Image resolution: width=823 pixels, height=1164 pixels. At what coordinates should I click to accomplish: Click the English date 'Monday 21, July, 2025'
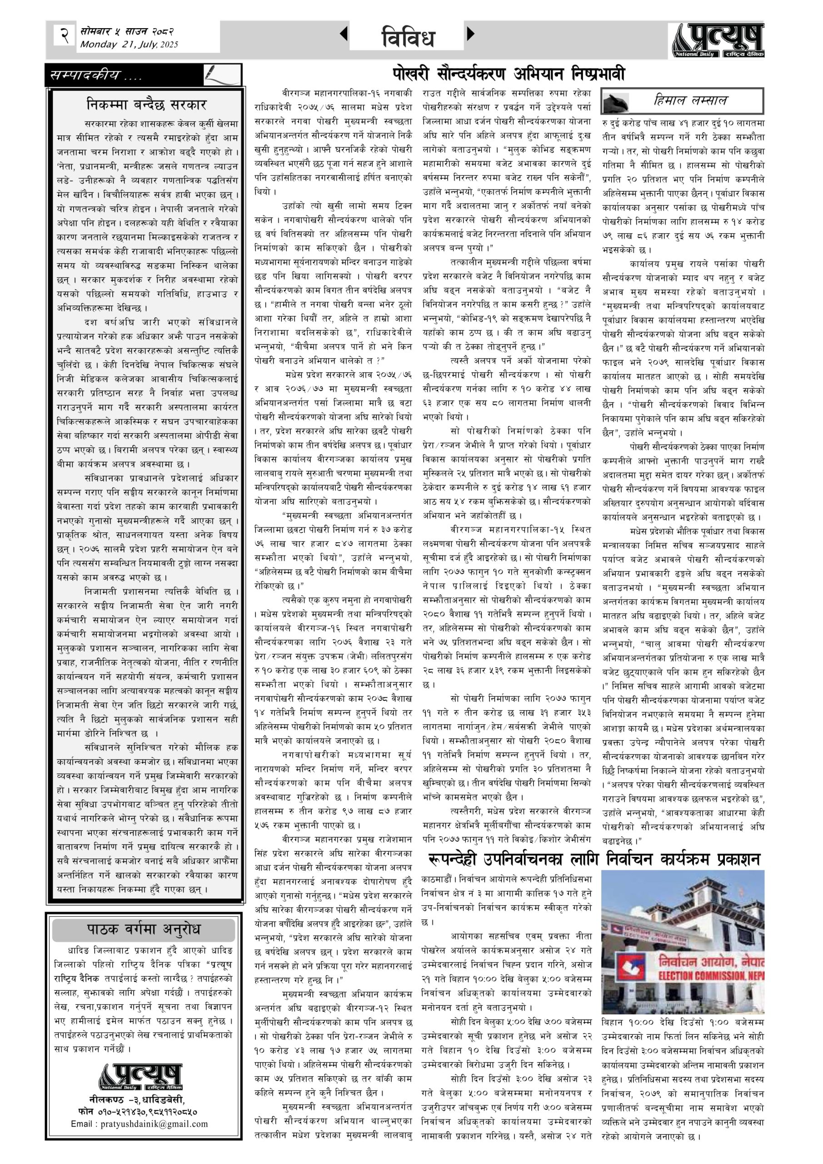pos(129,45)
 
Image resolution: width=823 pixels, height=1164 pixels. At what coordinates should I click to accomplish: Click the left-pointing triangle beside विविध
pos(344,34)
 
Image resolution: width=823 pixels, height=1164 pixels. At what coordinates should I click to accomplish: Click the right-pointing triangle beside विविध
pos(471,34)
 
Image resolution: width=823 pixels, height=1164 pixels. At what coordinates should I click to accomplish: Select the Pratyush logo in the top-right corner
pos(718,41)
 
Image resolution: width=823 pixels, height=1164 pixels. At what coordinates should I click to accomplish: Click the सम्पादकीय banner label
pos(96,76)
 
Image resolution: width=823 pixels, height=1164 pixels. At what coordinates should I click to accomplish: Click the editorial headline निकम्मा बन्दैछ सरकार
pos(146,105)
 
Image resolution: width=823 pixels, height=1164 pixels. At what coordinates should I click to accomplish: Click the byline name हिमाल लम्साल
pos(690,100)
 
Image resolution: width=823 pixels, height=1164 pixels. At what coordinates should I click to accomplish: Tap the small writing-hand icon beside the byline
pos(615,102)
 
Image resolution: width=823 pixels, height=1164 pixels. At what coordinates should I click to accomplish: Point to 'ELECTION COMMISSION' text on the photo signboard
pos(709,987)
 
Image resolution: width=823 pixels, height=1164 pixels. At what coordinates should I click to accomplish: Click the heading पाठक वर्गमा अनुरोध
pos(144,929)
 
